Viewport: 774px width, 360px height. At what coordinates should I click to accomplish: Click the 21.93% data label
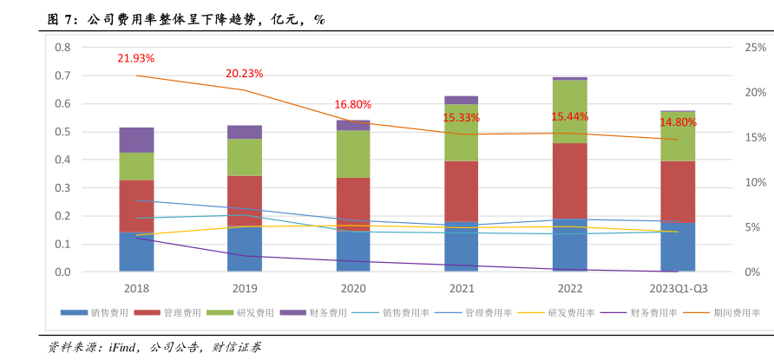click(x=136, y=58)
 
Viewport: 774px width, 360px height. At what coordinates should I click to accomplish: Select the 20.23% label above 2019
click(x=244, y=74)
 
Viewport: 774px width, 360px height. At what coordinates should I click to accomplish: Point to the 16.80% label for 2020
click(x=352, y=104)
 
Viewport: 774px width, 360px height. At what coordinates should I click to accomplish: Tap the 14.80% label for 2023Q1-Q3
click(x=678, y=122)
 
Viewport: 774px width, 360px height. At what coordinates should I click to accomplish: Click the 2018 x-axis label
click(x=136, y=288)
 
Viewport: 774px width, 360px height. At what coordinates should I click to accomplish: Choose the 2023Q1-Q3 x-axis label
click(x=678, y=288)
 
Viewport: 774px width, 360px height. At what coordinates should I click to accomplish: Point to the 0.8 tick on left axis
click(x=62, y=48)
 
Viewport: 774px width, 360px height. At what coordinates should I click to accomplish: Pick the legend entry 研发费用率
click(x=565, y=312)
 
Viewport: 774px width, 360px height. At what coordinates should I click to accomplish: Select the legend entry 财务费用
click(x=327, y=312)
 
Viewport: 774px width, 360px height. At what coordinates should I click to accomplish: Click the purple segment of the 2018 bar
click(x=136, y=140)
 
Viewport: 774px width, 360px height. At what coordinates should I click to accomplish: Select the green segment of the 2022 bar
click(x=569, y=111)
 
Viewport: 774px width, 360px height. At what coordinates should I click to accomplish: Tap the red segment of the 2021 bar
click(x=461, y=191)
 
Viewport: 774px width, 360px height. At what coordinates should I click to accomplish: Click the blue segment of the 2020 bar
click(x=352, y=251)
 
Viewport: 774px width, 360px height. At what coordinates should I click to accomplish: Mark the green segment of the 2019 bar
click(x=244, y=157)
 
